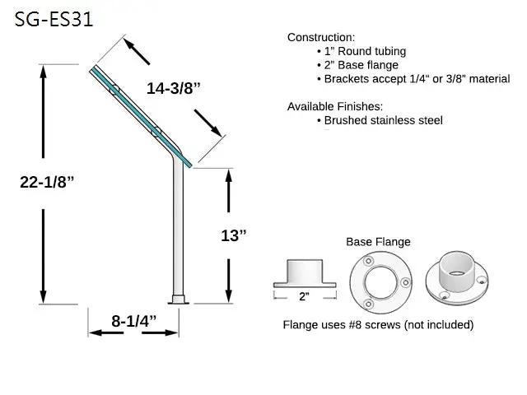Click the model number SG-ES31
pos(54,20)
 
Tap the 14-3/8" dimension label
pos(174,88)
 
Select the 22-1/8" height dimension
pos(47,182)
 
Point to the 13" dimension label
pos(234,235)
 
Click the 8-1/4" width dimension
pos(134,321)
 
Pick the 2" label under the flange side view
pos(304,296)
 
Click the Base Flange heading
pos(378,242)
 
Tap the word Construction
pos(319,37)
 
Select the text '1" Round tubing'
pos(365,51)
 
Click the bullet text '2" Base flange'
pos(361,65)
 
